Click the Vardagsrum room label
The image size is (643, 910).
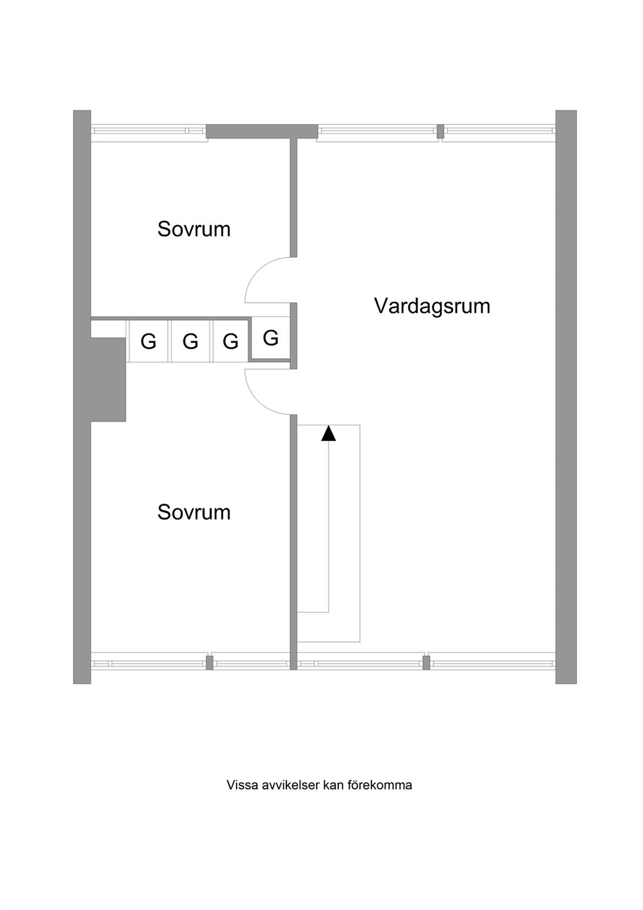[x=432, y=307]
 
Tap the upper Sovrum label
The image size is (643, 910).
[x=194, y=229]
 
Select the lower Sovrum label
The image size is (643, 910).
[x=194, y=512]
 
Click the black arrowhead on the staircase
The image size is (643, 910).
[x=329, y=433]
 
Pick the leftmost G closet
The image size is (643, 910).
[x=148, y=341]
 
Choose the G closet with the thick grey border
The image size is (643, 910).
[x=270, y=338]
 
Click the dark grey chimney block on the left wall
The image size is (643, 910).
[x=108, y=379]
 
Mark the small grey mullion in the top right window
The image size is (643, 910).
[x=440, y=131]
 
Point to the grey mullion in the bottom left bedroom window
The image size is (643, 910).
[x=209, y=662]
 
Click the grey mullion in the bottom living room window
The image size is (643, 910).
[x=427, y=662]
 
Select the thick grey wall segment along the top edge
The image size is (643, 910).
[x=262, y=131]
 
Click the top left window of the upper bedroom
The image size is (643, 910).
[x=148, y=131]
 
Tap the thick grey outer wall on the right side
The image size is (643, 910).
[x=566, y=397]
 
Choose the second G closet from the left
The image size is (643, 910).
[x=190, y=341]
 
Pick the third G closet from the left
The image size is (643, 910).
[x=230, y=341]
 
